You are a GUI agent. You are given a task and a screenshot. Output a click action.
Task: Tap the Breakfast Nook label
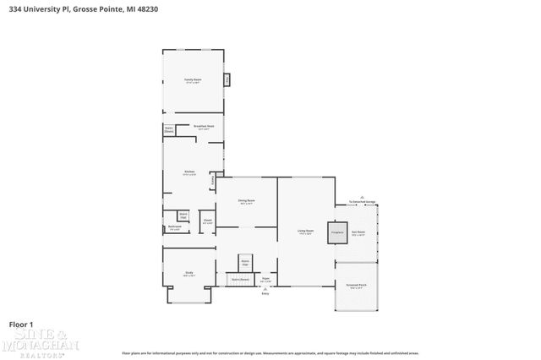click(x=203, y=127)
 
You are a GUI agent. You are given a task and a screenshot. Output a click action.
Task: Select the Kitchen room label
click(x=189, y=173)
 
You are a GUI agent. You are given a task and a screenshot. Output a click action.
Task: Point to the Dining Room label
click(x=246, y=202)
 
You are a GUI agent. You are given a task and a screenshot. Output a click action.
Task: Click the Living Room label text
click(x=305, y=232)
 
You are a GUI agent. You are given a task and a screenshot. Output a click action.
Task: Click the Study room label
click(x=189, y=274)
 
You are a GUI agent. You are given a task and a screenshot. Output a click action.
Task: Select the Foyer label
click(x=265, y=279)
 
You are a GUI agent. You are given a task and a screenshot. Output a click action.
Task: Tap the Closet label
click(x=207, y=221)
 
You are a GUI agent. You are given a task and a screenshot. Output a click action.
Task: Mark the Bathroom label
click(x=173, y=227)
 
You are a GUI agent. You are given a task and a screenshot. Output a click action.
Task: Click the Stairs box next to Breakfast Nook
click(x=169, y=130)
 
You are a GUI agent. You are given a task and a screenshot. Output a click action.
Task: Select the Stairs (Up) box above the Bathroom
click(x=183, y=215)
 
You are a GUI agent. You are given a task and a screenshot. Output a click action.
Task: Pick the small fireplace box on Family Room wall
click(x=227, y=80)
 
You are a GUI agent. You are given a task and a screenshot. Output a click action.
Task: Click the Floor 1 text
click(x=21, y=325)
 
